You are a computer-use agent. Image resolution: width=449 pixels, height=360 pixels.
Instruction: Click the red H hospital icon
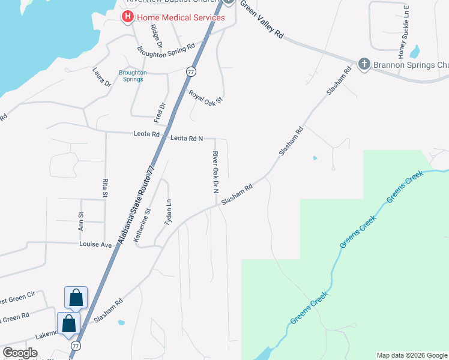127,17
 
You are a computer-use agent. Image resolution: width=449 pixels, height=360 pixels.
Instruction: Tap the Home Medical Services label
180,17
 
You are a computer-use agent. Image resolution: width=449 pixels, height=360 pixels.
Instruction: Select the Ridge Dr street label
157,35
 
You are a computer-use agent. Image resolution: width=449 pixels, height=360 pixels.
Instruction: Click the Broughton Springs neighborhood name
133,76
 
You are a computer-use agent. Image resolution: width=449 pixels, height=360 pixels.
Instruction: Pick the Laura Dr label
102,78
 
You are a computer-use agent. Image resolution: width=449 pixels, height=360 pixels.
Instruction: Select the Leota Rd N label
187,139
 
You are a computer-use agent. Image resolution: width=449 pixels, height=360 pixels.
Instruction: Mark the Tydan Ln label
169,212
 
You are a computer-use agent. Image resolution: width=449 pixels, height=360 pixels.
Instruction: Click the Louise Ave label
96,245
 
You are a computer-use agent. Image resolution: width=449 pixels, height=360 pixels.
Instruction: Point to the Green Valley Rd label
262,20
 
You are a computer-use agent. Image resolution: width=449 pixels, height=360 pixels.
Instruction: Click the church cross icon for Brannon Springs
363,64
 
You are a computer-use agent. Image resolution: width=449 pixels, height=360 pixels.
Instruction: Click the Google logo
20,353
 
